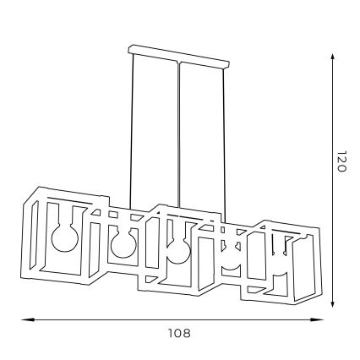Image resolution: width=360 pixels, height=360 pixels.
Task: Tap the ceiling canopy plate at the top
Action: coord(180,61)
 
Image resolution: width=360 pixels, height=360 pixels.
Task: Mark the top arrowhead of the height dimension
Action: coord(332,57)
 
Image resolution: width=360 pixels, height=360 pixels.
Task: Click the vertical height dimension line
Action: coord(332,211)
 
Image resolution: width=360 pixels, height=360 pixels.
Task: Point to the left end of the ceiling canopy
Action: coord(131,61)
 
